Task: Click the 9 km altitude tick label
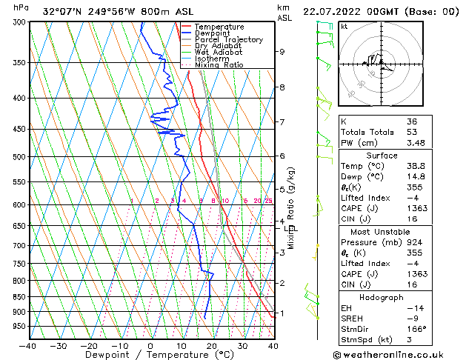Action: click(x=282, y=52)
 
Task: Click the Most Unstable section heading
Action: click(x=382, y=232)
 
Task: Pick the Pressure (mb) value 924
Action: click(x=414, y=241)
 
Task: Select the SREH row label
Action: click(x=352, y=319)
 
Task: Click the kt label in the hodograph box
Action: click(x=344, y=27)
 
